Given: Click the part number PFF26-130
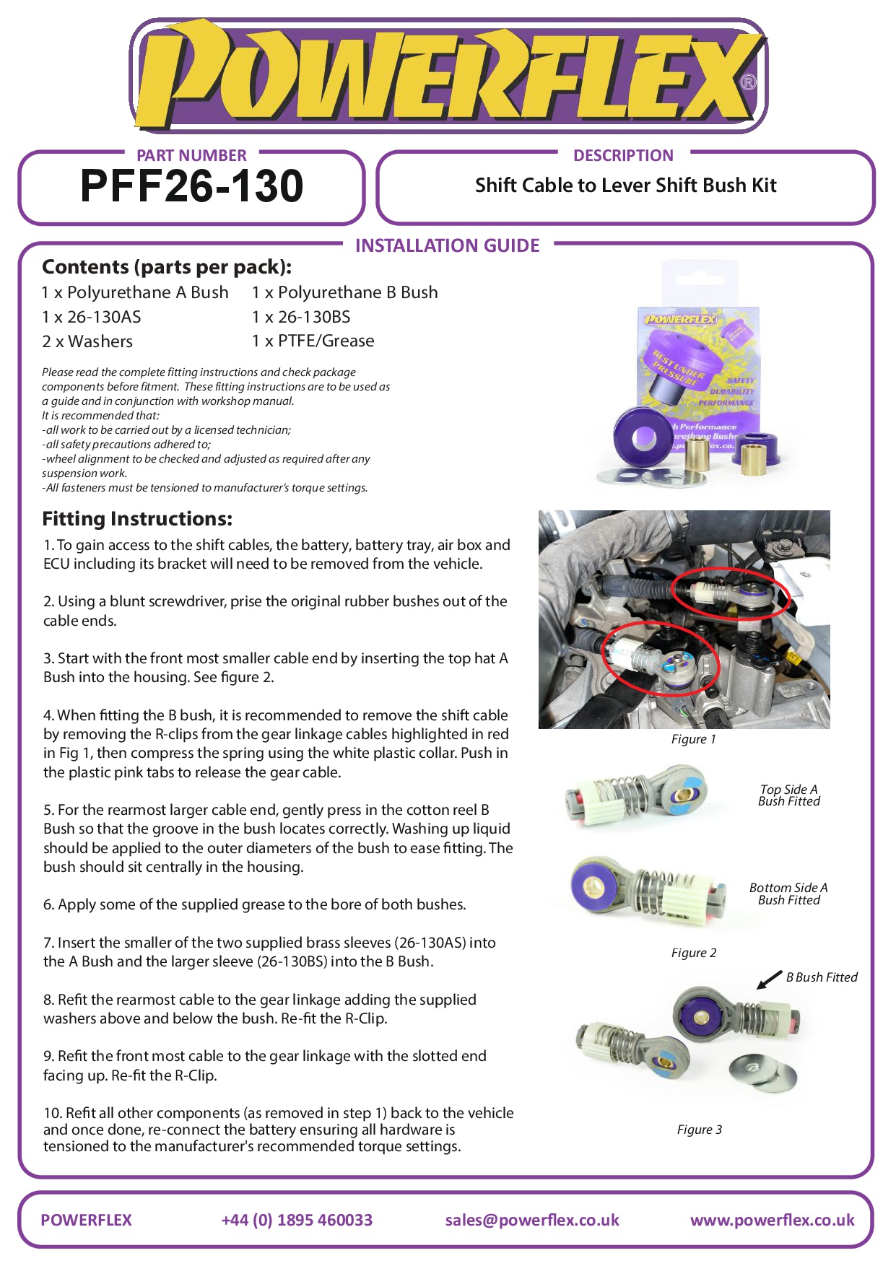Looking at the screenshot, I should [x=191, y=186].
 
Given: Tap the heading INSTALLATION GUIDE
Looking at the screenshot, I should [x=447, y=246].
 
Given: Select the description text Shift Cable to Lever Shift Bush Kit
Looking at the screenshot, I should [x=625, y=185].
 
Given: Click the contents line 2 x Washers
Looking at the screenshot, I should [x=87, y=341].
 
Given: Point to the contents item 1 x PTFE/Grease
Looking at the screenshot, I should [x=313, y=341].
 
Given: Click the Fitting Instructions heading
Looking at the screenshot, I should [x=137, y=519].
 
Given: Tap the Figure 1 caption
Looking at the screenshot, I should [x=693, y=739].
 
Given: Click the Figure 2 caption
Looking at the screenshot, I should [x=693, y=953].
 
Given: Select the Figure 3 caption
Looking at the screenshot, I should [x=699, y=1130].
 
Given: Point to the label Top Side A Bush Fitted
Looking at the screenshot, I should [x=788, y=795].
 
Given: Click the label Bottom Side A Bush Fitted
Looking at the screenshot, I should [x=788, y=894].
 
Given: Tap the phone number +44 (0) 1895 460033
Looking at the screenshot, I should [x=297, y=1220].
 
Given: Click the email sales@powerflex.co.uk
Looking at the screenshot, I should [x=532, y=1220].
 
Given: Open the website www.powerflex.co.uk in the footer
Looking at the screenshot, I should [x=772, y=1220].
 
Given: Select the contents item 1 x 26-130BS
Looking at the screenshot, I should [x=301, y=317].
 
